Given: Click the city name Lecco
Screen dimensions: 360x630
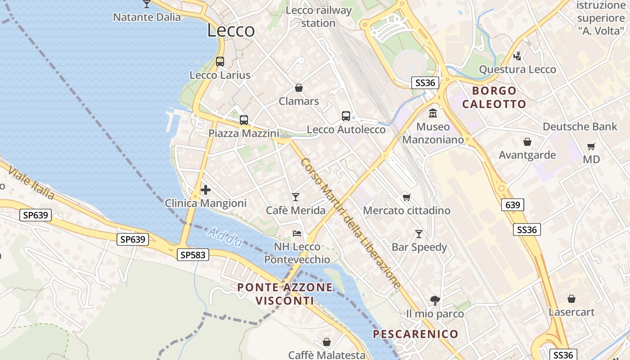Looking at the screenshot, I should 231,31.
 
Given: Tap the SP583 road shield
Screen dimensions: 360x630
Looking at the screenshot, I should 193,255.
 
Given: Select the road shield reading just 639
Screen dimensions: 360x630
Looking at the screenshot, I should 513,205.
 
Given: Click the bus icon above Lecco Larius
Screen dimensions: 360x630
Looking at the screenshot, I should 220,62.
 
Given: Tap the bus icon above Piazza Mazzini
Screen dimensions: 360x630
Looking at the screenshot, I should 243,120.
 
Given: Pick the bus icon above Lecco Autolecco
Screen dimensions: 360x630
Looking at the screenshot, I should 346,116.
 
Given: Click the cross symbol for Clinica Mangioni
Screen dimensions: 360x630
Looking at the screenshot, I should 206,190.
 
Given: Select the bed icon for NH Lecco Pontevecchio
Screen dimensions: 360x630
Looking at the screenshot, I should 297,233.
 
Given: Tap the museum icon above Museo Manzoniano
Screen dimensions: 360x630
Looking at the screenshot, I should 433,113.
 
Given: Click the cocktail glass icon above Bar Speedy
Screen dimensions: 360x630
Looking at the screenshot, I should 419,234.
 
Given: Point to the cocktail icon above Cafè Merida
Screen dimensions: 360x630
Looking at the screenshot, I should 295,197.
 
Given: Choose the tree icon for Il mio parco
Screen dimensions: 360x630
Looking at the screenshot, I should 435,300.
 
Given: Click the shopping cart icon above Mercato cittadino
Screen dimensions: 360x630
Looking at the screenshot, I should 406,197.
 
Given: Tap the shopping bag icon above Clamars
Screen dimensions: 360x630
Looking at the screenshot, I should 298,87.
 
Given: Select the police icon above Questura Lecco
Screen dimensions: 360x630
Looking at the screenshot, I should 518,56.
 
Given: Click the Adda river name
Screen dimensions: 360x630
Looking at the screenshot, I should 225,237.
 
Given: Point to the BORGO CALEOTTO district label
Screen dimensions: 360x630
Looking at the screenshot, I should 494,98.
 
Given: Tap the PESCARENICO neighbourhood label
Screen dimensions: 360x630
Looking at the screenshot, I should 415,334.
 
